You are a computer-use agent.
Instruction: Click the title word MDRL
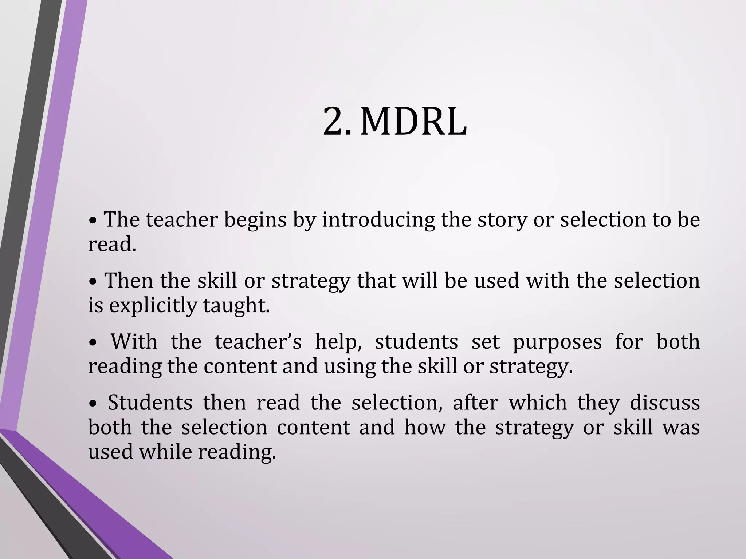click(x=413, y=122)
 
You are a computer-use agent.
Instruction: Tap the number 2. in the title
click(x=337, y=122)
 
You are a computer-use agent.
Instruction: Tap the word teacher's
click(x=258, y=342)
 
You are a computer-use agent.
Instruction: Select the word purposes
click(x=557, y=342)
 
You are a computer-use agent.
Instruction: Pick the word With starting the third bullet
click(x=134, y=342)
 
